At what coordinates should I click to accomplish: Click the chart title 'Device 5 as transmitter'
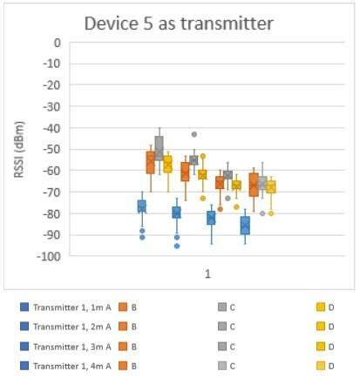tap(179, 24)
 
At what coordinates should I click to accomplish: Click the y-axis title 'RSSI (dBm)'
tap(18, 149)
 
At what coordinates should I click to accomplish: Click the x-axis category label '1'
tap(207, 274)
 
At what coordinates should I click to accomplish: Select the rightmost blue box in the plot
tap(245, 225)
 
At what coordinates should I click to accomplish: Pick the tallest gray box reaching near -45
tap(159, 146)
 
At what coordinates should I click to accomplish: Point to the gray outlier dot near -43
tap(194, 134)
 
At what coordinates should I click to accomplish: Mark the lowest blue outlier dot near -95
tap(176, 246)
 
